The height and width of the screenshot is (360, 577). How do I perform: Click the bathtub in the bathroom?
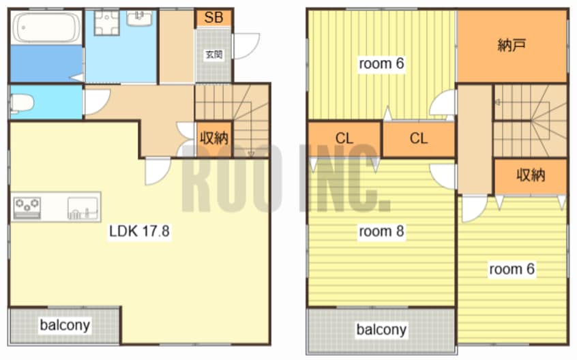(47, 27)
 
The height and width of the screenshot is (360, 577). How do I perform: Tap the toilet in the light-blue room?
(21, 103)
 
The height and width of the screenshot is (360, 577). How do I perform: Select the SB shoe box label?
(213, 18)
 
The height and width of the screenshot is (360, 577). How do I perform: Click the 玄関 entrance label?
(213, 55)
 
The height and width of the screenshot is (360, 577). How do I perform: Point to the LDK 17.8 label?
(139, 231)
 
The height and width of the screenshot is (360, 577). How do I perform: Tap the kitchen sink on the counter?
(83, 209)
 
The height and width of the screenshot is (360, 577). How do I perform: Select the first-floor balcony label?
(65, 325)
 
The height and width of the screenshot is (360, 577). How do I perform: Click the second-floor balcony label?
(381, 329)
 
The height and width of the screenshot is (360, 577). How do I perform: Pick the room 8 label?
(381, 231)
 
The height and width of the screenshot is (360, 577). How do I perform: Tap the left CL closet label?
(344, 138)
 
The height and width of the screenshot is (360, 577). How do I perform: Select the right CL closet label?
(419, 138)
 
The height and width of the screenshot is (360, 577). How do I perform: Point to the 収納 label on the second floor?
(531, 175)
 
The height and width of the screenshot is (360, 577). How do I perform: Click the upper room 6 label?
(381, 63)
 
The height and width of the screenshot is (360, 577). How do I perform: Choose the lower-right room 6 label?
(512, 269)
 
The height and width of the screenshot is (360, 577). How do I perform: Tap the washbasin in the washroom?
(139, 18)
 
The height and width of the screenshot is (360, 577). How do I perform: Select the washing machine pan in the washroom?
(106, 22)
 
